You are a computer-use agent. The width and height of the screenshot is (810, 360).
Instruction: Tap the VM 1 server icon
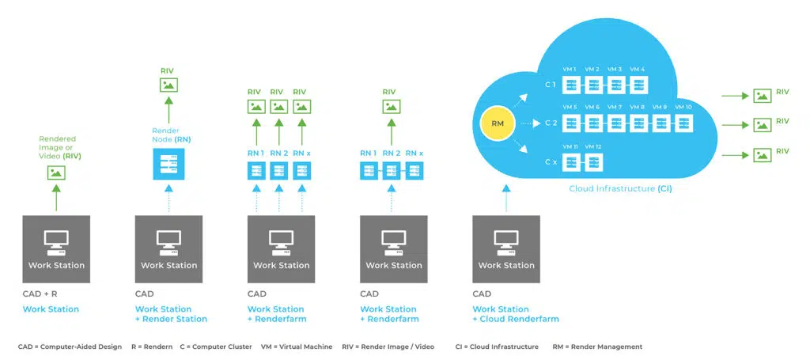click(x=571, y=85)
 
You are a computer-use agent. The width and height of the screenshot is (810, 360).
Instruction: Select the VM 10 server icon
click(x=683, y=123)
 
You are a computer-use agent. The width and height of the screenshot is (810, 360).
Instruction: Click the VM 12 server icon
click(x=593, y=162)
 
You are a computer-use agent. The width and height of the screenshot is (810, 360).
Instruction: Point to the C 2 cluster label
click(x=551, y=123)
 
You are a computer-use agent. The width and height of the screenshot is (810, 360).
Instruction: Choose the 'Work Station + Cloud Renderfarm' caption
click(x=516, y=314)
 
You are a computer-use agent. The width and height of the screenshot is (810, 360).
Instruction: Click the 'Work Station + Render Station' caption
click(x=171, y=314)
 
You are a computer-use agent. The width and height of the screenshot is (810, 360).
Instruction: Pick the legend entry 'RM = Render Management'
click(x=598, y=347)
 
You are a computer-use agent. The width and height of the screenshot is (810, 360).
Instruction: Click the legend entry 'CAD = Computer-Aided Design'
click(x=70, y=347)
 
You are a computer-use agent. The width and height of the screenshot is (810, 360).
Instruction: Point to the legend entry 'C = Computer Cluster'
click(x=216, y=347)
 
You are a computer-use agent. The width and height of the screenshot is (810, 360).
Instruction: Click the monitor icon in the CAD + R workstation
click(x=56, y=240)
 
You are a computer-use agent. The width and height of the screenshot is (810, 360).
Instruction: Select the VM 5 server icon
click(x=571, y=123)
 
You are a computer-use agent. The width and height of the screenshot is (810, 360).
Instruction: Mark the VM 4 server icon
click(x=638, y=85)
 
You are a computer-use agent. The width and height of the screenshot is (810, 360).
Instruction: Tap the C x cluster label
click(x=551, y=162)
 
